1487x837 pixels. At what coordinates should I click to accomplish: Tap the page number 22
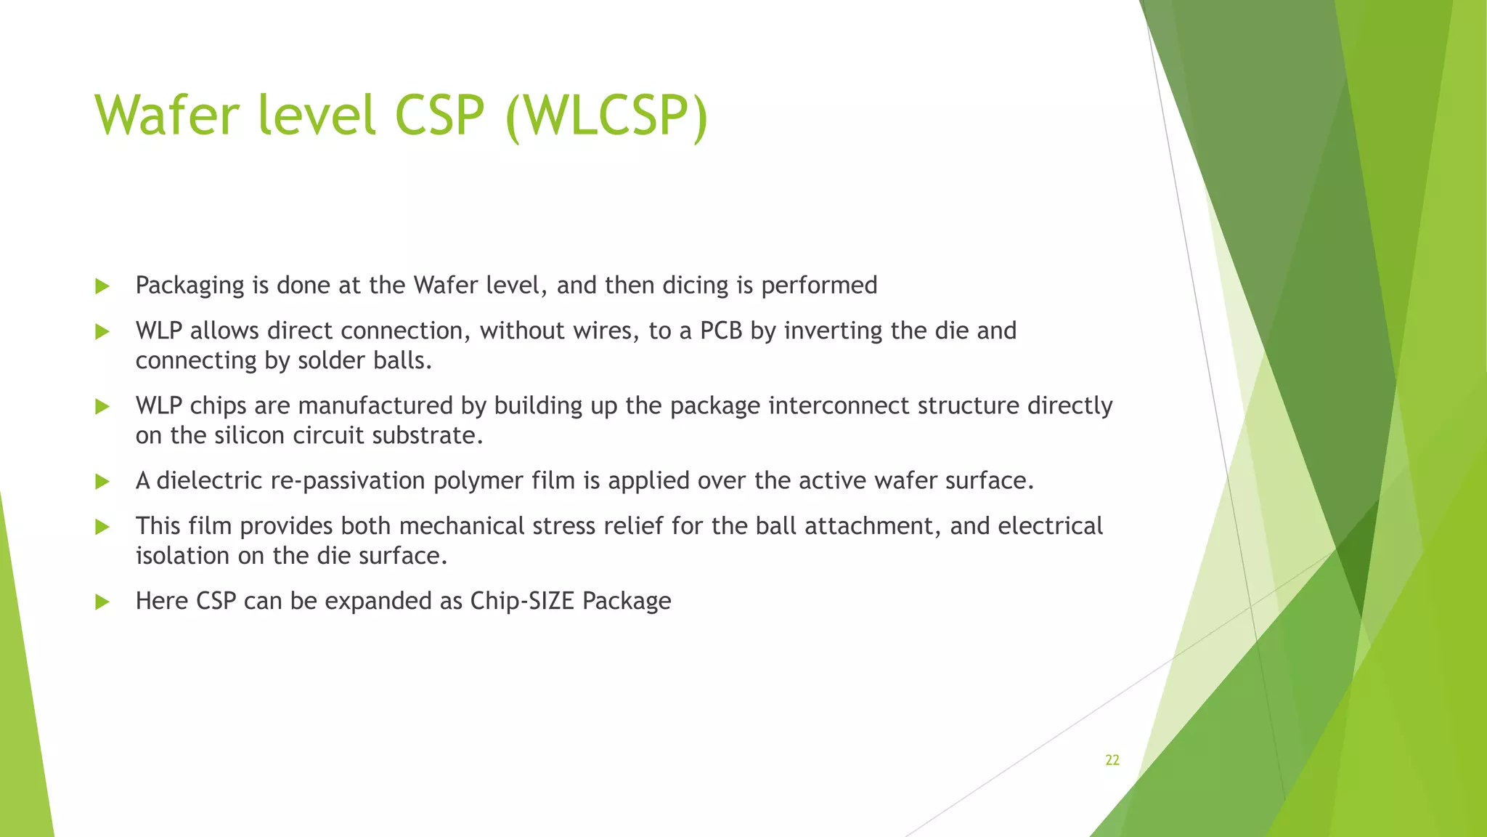1112,760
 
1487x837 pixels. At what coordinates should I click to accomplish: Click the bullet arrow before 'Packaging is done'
102,286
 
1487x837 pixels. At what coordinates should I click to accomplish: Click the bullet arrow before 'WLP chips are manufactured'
102,407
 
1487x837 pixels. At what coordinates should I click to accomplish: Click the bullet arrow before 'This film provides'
102,527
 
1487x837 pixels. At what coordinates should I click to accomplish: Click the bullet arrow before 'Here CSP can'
102,602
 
